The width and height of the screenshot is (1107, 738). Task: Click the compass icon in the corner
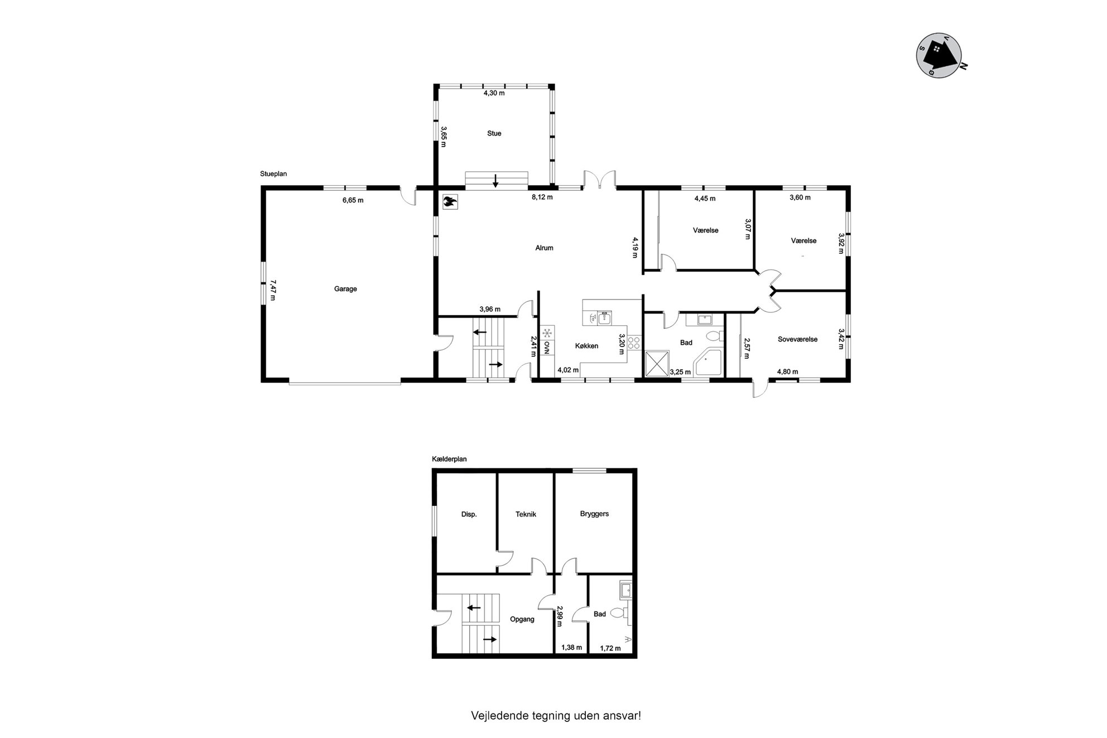pos(941,55)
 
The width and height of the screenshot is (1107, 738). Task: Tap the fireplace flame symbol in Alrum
pos(450,201)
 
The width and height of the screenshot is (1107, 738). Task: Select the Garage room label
pos(345,289)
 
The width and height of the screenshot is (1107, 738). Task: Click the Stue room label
pos(494,133)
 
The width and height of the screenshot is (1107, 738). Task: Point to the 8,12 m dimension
pos(542,197)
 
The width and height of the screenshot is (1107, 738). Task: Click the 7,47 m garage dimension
pos(273,290)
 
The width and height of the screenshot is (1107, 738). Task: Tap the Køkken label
pos(586,346)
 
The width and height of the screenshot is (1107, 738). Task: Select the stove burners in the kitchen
pos(634,343)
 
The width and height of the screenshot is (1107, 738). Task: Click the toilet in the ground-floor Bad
pos(714,336)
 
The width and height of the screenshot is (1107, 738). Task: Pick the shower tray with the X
pos(657,364)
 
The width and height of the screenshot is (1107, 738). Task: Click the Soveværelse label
pos(797,339)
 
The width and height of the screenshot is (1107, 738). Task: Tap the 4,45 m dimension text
pos(705,198)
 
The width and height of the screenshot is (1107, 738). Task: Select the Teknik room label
pos(526,514)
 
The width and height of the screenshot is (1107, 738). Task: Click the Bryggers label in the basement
pos(594,514)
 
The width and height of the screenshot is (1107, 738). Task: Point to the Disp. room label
pos(469,514)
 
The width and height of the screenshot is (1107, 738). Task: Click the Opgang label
pos(522,619)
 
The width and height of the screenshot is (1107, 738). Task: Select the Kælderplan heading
pos(449,459)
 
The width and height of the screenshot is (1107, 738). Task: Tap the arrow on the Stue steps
pos(495,181)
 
